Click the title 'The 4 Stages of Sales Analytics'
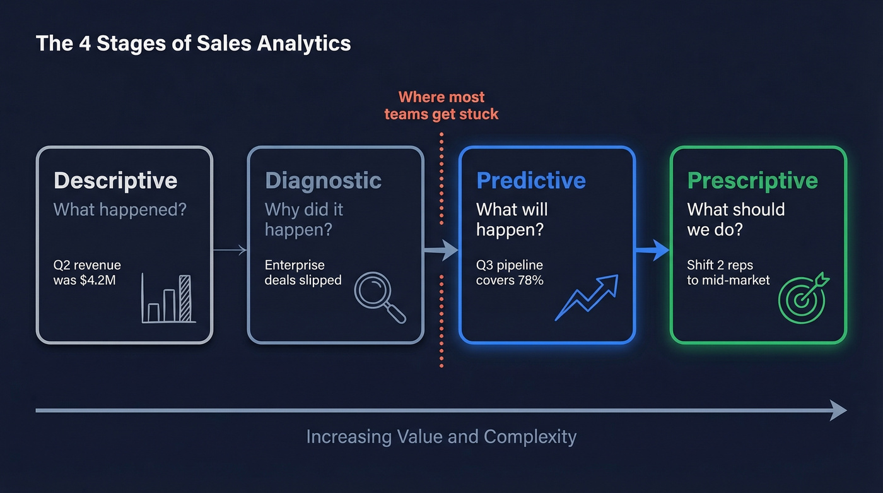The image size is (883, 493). tap(193, 44)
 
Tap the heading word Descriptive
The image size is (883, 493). tap(115, 181)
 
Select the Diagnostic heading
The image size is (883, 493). tap(323, 181)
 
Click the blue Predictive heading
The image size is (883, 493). tap(531, 181)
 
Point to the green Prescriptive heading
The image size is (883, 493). tap(752, 181)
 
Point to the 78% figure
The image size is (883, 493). tap(530, 280)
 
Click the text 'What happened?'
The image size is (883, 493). tap(120, 210)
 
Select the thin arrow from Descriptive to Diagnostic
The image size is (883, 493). tap(230, 251)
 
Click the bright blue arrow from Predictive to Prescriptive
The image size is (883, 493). tap(653, 251)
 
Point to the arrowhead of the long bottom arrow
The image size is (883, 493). tap(839, 410)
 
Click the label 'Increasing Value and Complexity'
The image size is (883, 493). tap(441, 436)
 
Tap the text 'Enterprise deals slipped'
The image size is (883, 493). tap(303, 272)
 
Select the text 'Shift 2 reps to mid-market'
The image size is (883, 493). tap(728, 272)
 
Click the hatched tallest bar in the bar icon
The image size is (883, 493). tap(185, 298)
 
